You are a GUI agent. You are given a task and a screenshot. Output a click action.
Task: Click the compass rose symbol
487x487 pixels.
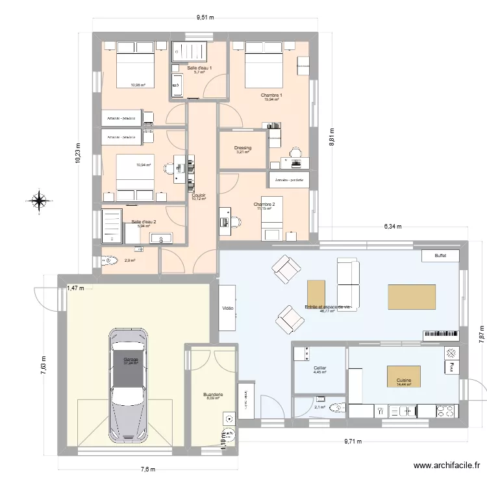(39, 201)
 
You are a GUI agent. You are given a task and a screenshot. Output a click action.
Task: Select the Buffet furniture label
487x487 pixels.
(441, 256)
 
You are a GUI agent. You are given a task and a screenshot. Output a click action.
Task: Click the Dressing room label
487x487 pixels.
(242, 148)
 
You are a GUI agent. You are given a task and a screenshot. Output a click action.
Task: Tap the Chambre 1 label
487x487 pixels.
(271, 95)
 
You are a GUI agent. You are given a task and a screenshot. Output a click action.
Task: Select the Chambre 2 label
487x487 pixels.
(264, 205)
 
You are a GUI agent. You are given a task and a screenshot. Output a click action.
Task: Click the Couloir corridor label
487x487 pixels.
(199, 194)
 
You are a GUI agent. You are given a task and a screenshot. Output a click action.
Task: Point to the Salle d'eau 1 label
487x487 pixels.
(199, 68)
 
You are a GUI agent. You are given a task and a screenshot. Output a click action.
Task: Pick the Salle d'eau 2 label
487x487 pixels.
(144, 222)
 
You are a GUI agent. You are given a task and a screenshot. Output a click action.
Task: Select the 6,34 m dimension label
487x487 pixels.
(393, 227)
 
